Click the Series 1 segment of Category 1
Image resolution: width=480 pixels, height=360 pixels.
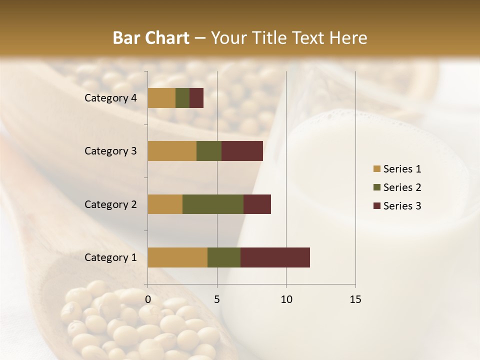(x=177, y=257)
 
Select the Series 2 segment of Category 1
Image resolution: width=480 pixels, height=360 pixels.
(x=224, y=257)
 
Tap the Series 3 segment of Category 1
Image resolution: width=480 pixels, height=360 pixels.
(x=275, y=257)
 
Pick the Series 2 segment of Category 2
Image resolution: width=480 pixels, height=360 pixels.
(x=213, y=204)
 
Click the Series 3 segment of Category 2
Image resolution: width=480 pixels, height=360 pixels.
(x=257, y=204)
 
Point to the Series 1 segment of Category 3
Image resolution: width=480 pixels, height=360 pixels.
(x=172, y=151)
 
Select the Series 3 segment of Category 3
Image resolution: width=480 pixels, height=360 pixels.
(x=242, y=151)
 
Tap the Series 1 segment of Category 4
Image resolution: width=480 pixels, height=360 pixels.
(x=161, y=98)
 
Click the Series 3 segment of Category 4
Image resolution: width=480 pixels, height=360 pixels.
(x=196, y=98)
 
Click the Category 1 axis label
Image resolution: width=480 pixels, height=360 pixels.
(x=110, y=257)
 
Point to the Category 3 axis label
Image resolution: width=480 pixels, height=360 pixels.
(x=110, y=151)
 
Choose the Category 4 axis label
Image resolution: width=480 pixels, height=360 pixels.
(x=110, y=98)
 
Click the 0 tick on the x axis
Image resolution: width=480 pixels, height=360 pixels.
(x=148, y=299)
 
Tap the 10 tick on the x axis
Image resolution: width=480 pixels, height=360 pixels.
(x=286, y=299)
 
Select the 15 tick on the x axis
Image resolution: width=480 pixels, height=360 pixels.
(x=355, y=299)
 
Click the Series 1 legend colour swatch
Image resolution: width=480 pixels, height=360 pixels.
(x=376, y=169)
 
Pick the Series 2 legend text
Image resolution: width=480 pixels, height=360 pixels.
(x=402, y=187)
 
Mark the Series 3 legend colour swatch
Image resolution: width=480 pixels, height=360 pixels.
(x=376, y=206)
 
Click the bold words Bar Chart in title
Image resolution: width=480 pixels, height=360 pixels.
(x=151, y=38)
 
